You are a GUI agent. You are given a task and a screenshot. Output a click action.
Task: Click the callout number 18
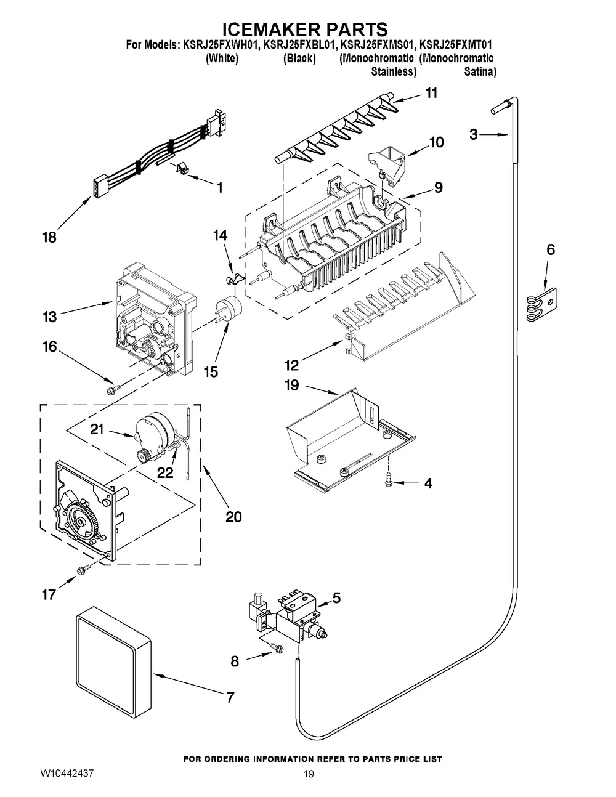tap(49, 237)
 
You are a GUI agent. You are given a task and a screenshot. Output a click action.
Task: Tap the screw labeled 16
tap(113, 389)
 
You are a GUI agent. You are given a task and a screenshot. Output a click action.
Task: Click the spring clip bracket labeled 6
tap(541, 305)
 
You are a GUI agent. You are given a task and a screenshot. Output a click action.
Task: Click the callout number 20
tap(233, 517)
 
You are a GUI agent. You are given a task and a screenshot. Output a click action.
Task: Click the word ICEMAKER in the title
tap(265, 30)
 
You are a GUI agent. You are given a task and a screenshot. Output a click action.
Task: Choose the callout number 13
tap(50, 317)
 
